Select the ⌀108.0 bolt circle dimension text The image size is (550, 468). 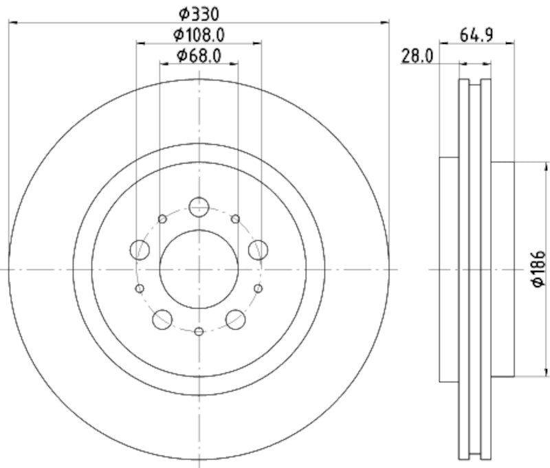coord(199,34)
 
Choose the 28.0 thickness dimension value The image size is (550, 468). coord(417,56)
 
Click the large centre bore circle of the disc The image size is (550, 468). coord(199,269)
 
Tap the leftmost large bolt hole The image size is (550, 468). coord(140,249)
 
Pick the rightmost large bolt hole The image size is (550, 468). coord(258,249)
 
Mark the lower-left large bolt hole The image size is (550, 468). coord(162,318)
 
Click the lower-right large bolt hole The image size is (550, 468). coord(235,318)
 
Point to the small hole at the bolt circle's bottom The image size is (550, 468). coord(199,332)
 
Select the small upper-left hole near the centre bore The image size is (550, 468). coord(162,219)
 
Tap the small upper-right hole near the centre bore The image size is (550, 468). coord(235,219)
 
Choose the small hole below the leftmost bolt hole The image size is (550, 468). coord(140,288)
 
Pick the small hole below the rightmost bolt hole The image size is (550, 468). coord(258,288)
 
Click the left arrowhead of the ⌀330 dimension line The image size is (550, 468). coord(11,23)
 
